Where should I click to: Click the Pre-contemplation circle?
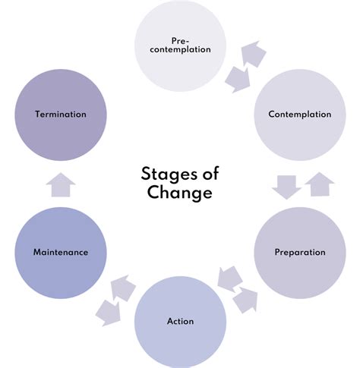tap(179, 46)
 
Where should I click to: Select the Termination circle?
tap(60, 114)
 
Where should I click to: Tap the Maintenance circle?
tap(60, 251)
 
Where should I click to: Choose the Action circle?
tap(180, 321)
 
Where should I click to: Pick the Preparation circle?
tap(299, 252)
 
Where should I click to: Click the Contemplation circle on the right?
tap(299, 115)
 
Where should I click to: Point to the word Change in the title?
tap(180, 193)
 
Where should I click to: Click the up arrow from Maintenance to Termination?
tap(60, 183)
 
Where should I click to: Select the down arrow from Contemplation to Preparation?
tap(286, 186)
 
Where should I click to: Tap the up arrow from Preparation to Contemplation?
tap(319, 184)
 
